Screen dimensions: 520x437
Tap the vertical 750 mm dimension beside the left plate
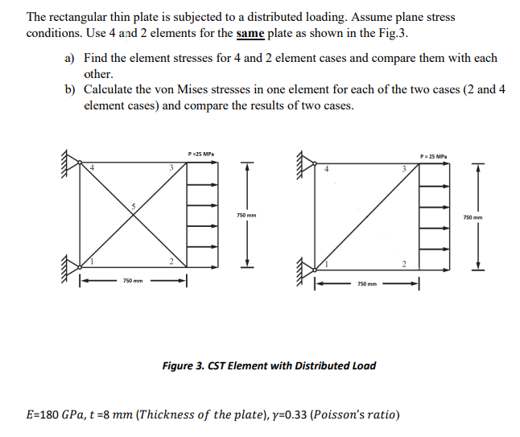tap(246, 215)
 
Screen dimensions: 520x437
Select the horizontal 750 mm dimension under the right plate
tap(366, 285)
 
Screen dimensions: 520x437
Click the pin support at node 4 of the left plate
tap(75, 163)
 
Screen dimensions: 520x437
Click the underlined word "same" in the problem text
tap(254, 34)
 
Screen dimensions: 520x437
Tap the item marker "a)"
tap(69, 59)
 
